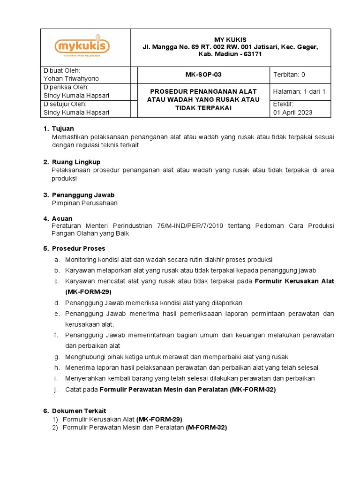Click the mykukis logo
(x=82, y=47)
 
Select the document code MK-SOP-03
(x=204, y=75)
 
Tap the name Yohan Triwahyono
(x=71, y=79)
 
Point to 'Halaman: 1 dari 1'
(x=299, y=91)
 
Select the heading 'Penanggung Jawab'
(x=83, y=195)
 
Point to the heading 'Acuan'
(x=62, y=219)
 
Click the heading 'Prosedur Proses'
(x=78, y=248)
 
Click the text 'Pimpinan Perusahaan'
(x=84, y=203)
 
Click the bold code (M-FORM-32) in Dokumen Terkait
(x=206, y=427)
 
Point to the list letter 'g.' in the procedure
(x=56, y=357)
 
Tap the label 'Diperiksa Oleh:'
(x=66, y=87)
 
